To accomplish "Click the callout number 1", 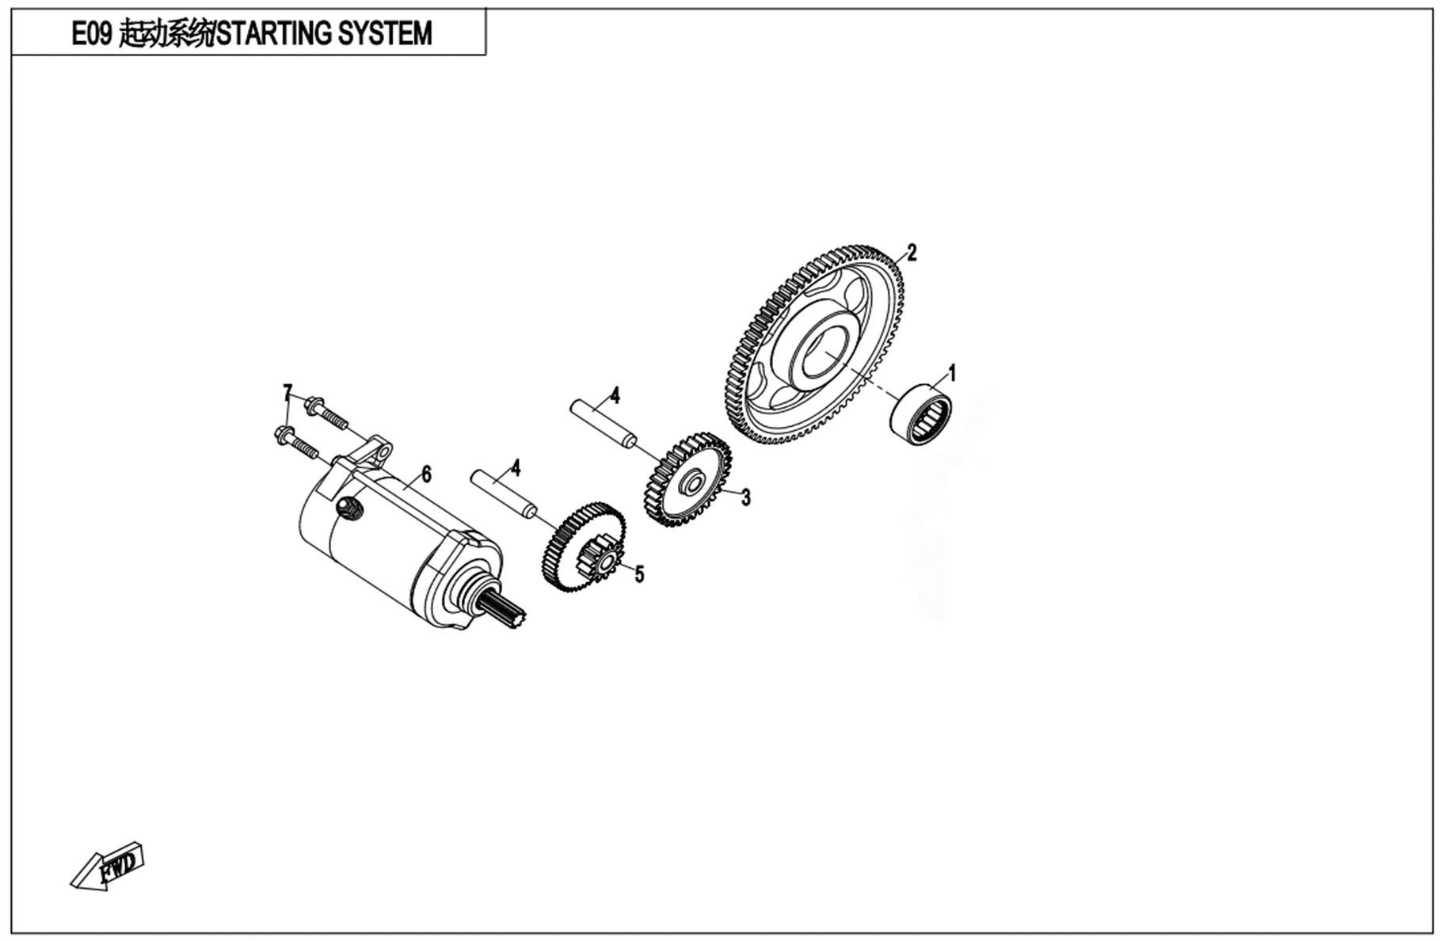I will click(x=952, y=372).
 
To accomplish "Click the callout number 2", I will click(x=912, y=253).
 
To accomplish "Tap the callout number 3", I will click(x=745, y=497).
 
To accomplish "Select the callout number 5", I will click(x=639, y=574).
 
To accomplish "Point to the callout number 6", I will click(x=426, y=474).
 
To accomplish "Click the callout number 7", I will click(x=287, y=393).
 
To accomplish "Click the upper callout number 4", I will click(x=615, y=396).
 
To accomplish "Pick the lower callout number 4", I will click(x=516, y=468).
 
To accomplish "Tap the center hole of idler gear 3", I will click(x=690, y=481).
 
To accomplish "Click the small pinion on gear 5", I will click(x=606, y=561).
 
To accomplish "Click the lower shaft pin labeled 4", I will click(x=505, y=494).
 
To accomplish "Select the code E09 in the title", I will click(x=93, y=34).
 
